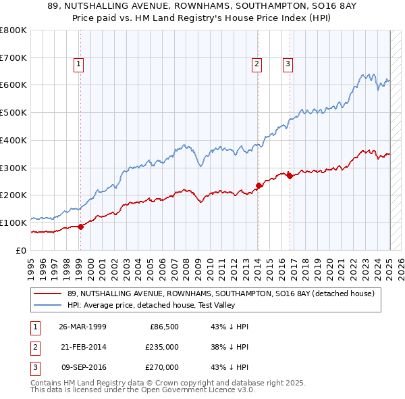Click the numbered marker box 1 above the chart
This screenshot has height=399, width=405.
pyautogui.click(x=79, y=64)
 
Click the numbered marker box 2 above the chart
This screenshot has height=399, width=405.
pyautogui.click(x=257, y=64)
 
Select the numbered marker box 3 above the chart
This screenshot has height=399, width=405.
pyautogui.click(x=288, y=64)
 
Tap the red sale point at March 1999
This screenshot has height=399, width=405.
pyautogui.click(x=80, y=227)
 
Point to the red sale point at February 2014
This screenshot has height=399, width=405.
pyautogui.click(x=259, y=185)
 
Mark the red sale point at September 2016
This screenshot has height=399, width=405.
pyautogui.click(x=290, y=176)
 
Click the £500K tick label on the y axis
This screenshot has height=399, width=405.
pyautogui.click(x=13, y=112)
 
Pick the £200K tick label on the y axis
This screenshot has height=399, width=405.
pyautogui.click(x=13, y=195)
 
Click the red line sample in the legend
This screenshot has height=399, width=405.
pyautogui.click(x=49, y=294)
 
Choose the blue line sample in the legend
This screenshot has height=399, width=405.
pyautogui.click(x=49, y=305)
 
